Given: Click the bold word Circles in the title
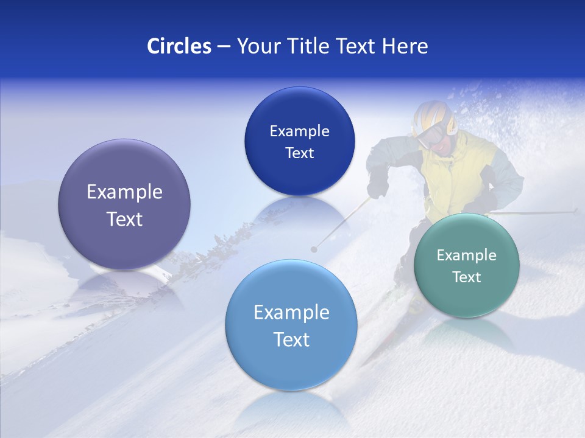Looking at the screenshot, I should tap(179, 46).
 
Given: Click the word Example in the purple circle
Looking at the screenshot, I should tap(124, 192).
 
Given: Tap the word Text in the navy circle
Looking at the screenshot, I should tap(299, 153).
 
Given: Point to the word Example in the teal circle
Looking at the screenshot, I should tap(466, 255).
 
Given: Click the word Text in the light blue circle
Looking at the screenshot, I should tap(291, 339).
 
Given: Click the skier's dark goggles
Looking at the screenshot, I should tap(431, 135).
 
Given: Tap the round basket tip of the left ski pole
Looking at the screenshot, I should tap(314, 249).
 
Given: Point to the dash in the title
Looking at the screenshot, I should tap(224, 47).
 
